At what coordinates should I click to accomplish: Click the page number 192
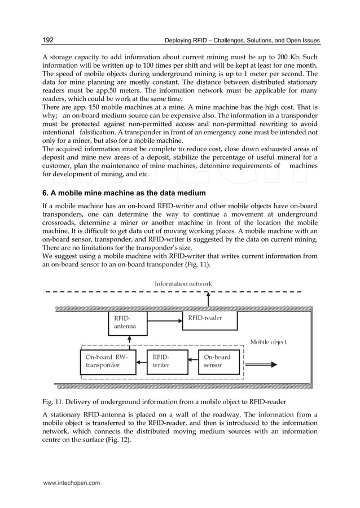(47, 40)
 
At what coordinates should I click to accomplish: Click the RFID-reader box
(209, 320)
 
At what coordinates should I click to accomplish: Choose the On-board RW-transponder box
(108, 362)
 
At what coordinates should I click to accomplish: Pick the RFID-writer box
(163, 362)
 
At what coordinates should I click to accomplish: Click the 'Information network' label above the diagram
(183, 283)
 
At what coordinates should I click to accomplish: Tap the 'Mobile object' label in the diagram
(269, 342)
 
